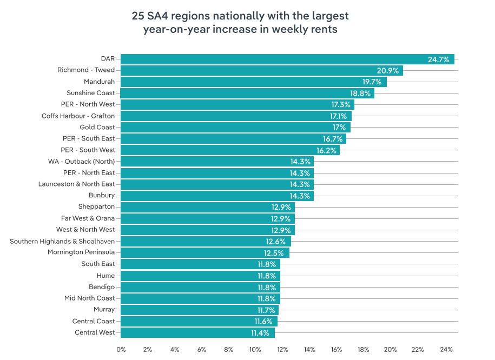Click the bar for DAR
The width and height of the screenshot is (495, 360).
pyautogui.click(x=287, y=59)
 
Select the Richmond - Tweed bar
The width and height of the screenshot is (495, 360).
pyautogui.click(x=261, y=70)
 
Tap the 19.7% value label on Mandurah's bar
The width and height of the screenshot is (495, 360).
pyautogui.click(x=372, y=82)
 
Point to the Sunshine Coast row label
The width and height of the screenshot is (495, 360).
pyautogui.click(x=90, y=93)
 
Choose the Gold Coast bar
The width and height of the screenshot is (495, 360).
pyautogui.click(x=235, y=127)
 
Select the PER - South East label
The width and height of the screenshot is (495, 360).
pyautogui.click(x=89, y=138)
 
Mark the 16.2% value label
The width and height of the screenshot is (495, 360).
pyautogui.click(x=326, y=150)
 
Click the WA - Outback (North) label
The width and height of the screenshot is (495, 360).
pyautogui.click(x=81, y=161)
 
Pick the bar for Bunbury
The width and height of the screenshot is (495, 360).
pyautogui.click(x=217, y=196)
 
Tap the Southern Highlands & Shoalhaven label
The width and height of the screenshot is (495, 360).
pyautogui.click(x=62, y=241)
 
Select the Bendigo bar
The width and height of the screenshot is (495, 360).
pyautogui.click(x=200, y=287)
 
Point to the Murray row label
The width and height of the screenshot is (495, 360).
pyautogui.click(x=104, y=310)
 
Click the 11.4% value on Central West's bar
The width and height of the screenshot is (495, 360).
pyautogui.click(x=261, y=333)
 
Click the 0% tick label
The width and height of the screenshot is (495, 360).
pyautogui.click(x=121, y=350)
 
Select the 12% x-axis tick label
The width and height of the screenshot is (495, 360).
pyautogui.click(x=282, y=350)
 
